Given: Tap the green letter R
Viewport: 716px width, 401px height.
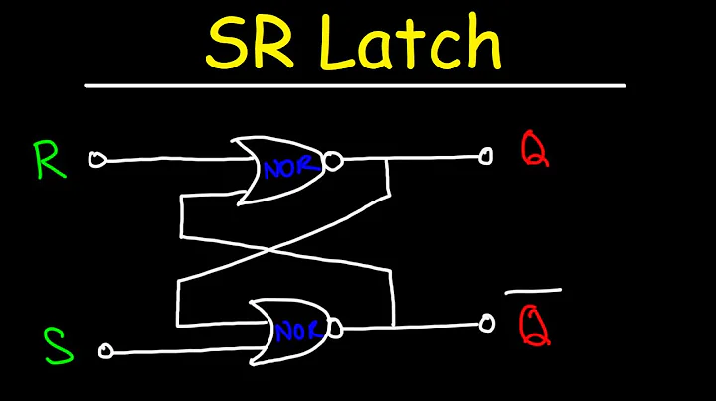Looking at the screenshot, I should [51, 160].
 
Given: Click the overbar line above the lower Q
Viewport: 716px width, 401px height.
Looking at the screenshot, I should [533, 292].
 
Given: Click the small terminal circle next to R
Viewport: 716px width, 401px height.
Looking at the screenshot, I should [96, 159].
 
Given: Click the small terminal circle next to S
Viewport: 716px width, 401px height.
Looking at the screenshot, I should [107, 349].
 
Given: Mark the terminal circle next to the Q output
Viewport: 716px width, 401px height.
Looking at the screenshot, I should [485, 156].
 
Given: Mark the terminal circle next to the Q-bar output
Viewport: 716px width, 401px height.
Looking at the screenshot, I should [486, 324].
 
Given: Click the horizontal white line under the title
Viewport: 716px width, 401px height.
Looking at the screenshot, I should [353, 86].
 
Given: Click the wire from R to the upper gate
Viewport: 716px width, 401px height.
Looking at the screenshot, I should [169, 159].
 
